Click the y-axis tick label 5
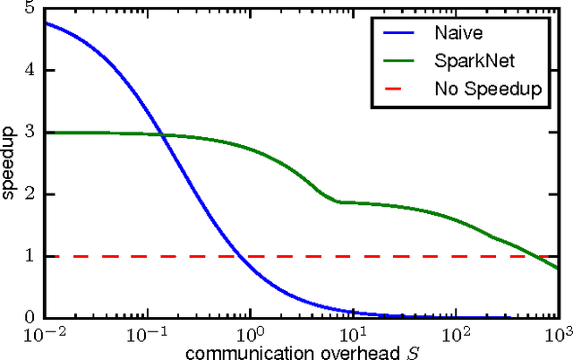30,9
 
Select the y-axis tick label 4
30,70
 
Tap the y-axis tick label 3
30,132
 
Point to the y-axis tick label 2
30,193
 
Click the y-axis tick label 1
30,255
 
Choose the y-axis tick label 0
30,317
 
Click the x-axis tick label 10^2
457,333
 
